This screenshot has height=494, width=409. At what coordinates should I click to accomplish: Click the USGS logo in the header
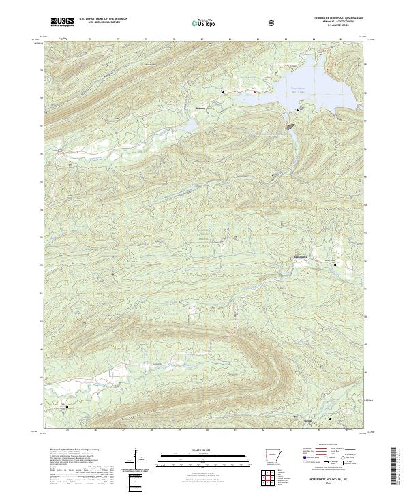[x=62, y=22]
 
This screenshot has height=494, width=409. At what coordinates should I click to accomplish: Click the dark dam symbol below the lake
[x=290, y=127]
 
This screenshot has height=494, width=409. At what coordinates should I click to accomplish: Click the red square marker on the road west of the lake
[x=255, y=91]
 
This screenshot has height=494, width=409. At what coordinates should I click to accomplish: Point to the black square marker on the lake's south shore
[x=298, y=110]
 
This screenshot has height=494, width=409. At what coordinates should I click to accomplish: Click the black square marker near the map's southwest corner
[x=67, y=407]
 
